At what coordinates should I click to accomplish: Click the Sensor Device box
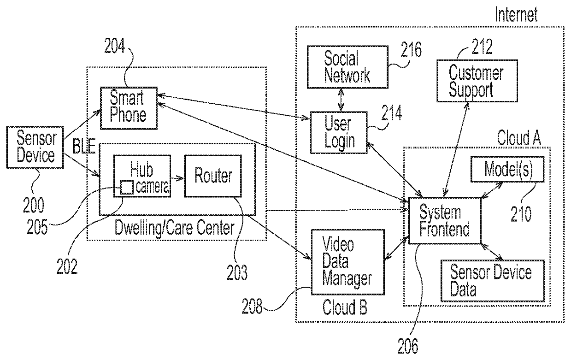click(x=35, y=148)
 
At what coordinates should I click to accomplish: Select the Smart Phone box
click(x=129, y=108)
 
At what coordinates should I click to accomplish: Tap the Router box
click(x=213, y=176)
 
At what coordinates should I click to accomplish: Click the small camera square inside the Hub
click(x=127, y=188)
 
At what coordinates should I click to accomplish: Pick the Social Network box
click(x=347, y=67)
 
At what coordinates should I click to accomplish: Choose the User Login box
click(x=339, y=133)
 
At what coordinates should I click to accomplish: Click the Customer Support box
click(x=477, y=81)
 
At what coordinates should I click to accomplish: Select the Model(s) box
click(x=507, y=169)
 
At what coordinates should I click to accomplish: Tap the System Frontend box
click(x=445, y=220)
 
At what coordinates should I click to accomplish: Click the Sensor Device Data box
click(x=493, y=281)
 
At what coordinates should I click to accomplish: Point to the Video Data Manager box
click(x=348, y=262)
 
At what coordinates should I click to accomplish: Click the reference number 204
click(x=114, y=46)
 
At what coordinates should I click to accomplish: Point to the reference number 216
click(x=411, y=49)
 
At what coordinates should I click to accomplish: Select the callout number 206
click(x=408, y=346)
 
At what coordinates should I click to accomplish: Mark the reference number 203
click(x=237, y=272)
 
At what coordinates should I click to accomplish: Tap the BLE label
click(x=84, y=146)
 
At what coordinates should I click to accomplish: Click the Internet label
click(x=516, y=14)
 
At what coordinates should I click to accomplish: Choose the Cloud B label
click(x=345, y=307)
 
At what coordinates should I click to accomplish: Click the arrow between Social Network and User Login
click(x=341, y=100)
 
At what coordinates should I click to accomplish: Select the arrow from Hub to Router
click(x=177, y=178)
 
